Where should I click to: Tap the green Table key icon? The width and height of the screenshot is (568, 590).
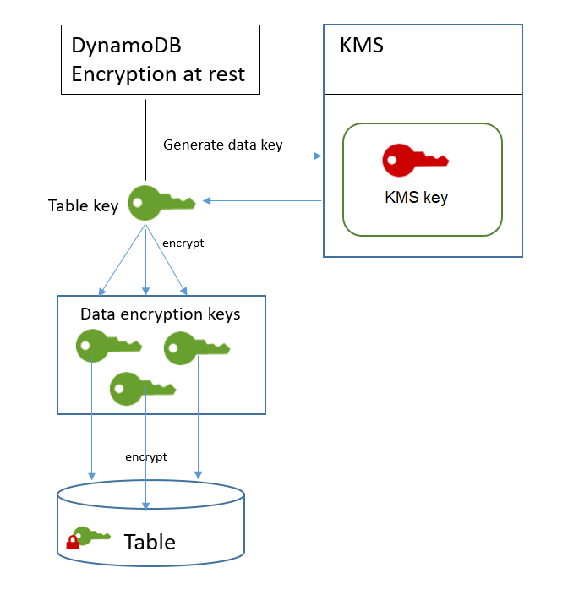[161, 202]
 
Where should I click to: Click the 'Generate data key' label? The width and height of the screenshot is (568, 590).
[223, 145]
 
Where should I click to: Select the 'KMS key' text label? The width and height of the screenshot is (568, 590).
[416, 198]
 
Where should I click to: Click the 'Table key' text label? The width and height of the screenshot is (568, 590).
[83, 205]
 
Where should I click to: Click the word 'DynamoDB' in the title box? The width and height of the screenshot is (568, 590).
[126, 47]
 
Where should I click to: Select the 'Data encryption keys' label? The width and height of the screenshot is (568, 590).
[161, 314]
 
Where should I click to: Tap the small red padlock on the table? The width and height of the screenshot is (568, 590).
[73, 542]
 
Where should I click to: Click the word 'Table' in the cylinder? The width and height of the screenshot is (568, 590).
[150, 542]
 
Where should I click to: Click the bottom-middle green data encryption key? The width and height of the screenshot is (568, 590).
[142, 387]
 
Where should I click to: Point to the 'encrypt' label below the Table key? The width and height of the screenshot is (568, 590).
[183, 243]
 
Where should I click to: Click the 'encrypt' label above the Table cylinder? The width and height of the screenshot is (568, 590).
[146, 456]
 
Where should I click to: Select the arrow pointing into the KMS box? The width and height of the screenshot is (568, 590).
[317, 156]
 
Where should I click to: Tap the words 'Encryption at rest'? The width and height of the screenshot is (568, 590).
[158, 74]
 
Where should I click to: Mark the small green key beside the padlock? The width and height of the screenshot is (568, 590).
[91, 535]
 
